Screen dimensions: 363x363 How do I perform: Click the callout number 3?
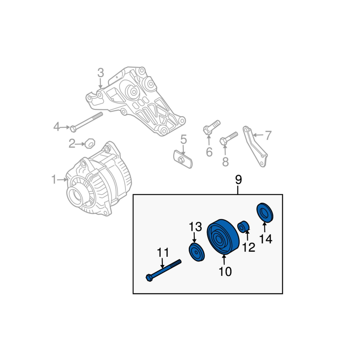(x=100, y=73)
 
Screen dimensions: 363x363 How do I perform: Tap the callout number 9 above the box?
(x=238, y=180)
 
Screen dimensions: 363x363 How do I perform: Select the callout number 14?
(x=266, y=239)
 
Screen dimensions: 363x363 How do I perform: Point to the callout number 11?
(x=163, y=253)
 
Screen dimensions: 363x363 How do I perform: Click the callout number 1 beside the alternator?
(x=54, y=180)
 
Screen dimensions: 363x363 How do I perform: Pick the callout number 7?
(x=268, y=135)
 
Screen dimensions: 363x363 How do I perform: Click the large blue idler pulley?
(x=223, y=236)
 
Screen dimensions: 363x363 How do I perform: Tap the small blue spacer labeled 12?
(x=243, y=226)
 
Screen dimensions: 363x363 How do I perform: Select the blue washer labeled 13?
(x=197, y=252)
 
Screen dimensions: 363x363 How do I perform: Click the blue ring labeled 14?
(x=265, y=213)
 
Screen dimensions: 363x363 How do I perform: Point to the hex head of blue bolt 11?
(x=149, y=278)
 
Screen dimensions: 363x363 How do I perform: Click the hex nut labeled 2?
(x=90, y=143)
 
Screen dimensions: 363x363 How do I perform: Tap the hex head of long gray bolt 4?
(x=73, y=129)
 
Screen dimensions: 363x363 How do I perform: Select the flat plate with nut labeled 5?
(x=183, y=159)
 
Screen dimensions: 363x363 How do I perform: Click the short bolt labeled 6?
(x=211, y=127)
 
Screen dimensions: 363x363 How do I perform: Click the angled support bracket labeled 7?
(x=255, y=146)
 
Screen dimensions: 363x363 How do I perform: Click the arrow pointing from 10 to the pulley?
(x=224, y=260)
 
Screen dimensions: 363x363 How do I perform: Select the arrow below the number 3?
(x=100, y=83)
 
